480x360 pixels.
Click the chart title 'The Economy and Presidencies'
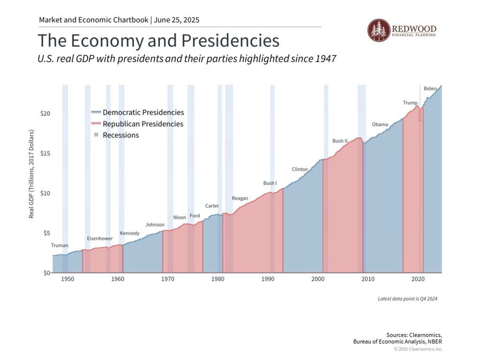tap(158, 41)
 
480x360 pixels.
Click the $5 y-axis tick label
tap(46, 233)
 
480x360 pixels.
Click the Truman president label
tap(60, 245)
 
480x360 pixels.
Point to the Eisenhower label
tap(100, 239)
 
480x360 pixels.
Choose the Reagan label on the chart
tap(240, 198)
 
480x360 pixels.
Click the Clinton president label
tap(300, 169)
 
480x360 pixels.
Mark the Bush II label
tap(340, 141)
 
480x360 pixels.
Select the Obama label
tap(380, 125)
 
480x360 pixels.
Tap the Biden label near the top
tap(430, 89)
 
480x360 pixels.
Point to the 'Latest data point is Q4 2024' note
tap(407, 299)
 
